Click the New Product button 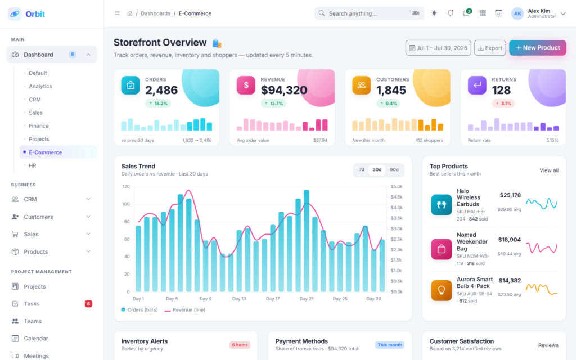(537, 48)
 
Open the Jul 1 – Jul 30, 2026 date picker (438, 48)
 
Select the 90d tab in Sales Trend (394, 170)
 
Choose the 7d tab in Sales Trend (362, 170)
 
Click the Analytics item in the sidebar (40, 86)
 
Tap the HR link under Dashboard (33, 166)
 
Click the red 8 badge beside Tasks (88, 304)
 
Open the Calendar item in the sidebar (36, 339)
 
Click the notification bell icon (450, 13)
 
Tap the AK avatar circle (517, 13)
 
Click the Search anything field (369, 13)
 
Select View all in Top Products (549, 170)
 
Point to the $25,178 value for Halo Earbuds (510, 195)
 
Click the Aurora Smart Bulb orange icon (441, 290)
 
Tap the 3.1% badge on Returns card (503, 103)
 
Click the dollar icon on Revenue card (246, 85)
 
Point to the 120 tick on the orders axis (126, 187)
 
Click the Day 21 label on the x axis (307, 299)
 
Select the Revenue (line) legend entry (184, 310)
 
